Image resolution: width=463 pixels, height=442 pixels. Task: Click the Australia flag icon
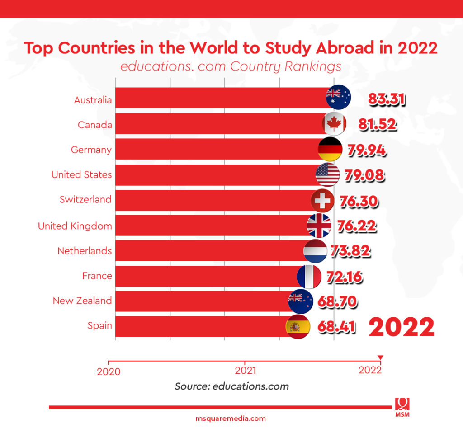pos(338,97)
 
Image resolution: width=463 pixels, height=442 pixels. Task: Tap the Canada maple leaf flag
pos(335,123)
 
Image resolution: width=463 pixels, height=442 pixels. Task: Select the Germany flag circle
pos(330,149)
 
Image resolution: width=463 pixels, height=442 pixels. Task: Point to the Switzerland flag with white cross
pos(323,201)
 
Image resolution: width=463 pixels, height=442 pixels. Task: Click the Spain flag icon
pos(298,327)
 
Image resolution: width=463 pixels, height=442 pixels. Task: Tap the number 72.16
pos(343,276)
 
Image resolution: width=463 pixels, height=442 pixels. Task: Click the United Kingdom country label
pos(75,226)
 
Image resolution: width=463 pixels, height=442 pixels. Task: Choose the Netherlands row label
pos(85,251)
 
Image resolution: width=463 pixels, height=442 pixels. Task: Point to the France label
pos(97,276)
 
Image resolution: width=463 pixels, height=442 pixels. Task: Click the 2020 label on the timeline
pos(109,371)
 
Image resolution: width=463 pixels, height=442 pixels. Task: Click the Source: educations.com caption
pos(231,386)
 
